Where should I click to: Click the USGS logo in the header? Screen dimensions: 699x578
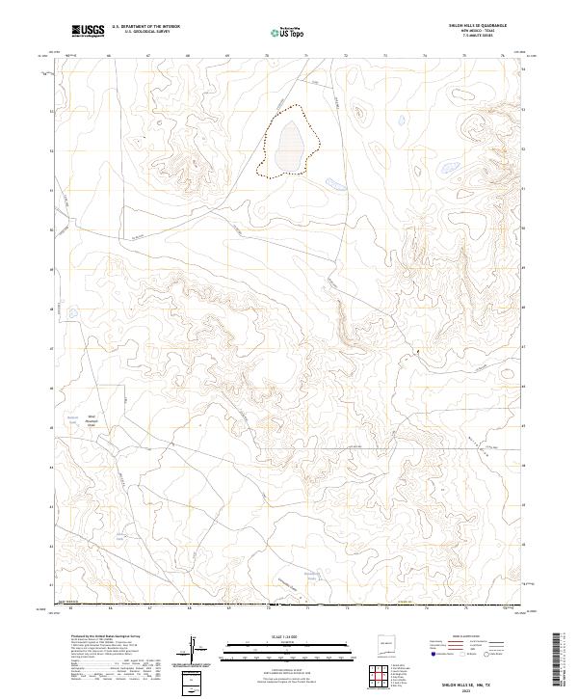tap(88, 31)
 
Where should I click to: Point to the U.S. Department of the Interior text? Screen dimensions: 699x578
tap(145, 27)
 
